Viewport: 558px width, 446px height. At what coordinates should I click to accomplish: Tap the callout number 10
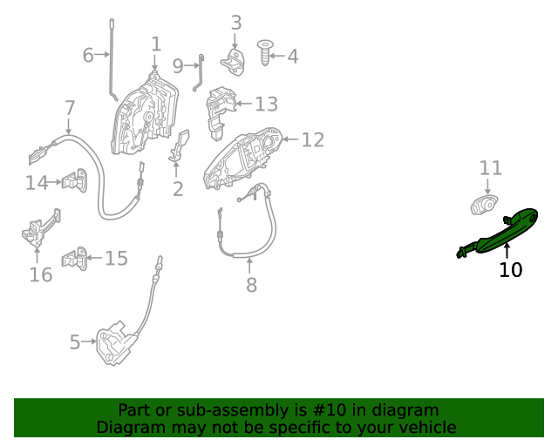pyautogui.click(x=510, y=270)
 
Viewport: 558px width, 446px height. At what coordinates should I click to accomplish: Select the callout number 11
pyautogui.click(x=491, y=167)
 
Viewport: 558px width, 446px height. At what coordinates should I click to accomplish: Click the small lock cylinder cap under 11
pyautogui.click(x=485, y=206)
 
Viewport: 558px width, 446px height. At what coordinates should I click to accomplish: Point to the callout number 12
pyautogui.click(x=312, y=139)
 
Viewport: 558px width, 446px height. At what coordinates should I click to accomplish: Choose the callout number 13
pyautogui.click(x=266, y=105)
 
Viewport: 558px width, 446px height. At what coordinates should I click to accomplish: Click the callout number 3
pyautogui.click(x=236, y=23)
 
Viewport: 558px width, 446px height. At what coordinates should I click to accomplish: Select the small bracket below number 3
pyautogui.click(x=234, y=62)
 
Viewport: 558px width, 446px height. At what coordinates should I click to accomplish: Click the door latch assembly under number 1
pyautogui.click(x=145, y=113)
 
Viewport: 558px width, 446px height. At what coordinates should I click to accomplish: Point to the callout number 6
pyautogui.click(x=88, y=56)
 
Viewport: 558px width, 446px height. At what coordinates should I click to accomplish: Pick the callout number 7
pyautogui.click(x=70, y=108)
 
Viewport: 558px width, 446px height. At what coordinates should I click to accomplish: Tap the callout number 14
pyautogui.click(x=37, y=183)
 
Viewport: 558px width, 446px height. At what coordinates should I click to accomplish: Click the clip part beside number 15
pyautogui.click(x=76, y=258)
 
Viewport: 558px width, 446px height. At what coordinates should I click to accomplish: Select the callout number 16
pyautogui.click(x=40, y=275)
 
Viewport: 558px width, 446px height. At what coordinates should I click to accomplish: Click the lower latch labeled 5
pyautogui.click(x=115, y=342)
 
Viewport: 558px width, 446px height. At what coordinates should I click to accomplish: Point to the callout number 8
pyautogui.click(x=251, y=285)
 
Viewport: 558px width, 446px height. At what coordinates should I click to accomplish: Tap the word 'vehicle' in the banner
pyautogui.click(x=425, y=428)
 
